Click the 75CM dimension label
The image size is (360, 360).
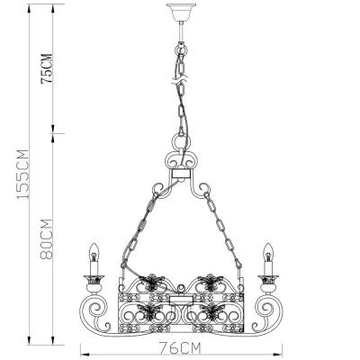[47, 68]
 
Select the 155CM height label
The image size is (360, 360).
[22, 174]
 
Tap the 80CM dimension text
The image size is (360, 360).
[47, 239]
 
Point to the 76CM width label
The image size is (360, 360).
[179, 348]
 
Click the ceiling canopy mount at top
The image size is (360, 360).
[181, 12]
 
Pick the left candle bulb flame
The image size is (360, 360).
[94, 252]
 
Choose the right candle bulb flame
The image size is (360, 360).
[268, 252]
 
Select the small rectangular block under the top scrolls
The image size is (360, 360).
[181, 174]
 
